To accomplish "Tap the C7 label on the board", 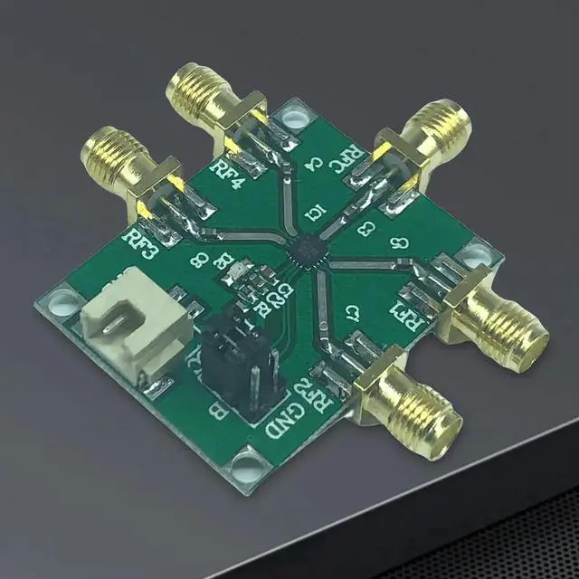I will (357, 314).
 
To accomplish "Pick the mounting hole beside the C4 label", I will (292, 115).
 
